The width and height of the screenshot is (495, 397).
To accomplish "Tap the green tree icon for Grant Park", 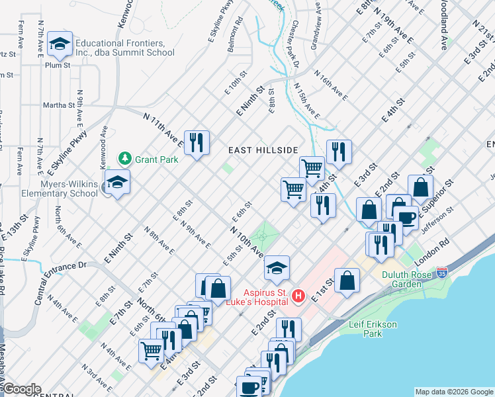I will (124, 159).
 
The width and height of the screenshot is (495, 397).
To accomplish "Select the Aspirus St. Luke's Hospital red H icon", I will (298, 295).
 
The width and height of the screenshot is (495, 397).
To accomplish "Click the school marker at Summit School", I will (60, 44).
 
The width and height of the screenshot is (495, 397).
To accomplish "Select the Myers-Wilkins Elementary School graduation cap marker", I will (117, 183).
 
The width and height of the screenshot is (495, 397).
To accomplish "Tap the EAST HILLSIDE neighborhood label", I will (263, 151).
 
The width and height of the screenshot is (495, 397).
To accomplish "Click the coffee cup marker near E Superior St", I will (406, 218).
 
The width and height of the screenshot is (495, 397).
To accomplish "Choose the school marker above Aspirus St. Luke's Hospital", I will (277, 268).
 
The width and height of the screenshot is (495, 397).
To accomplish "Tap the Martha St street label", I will (58, 105).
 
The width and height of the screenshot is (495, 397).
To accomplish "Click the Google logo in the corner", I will (21, 389).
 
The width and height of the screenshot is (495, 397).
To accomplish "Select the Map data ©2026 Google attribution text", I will (453, 392).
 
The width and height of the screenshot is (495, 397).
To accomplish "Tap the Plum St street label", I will (58, 65).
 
